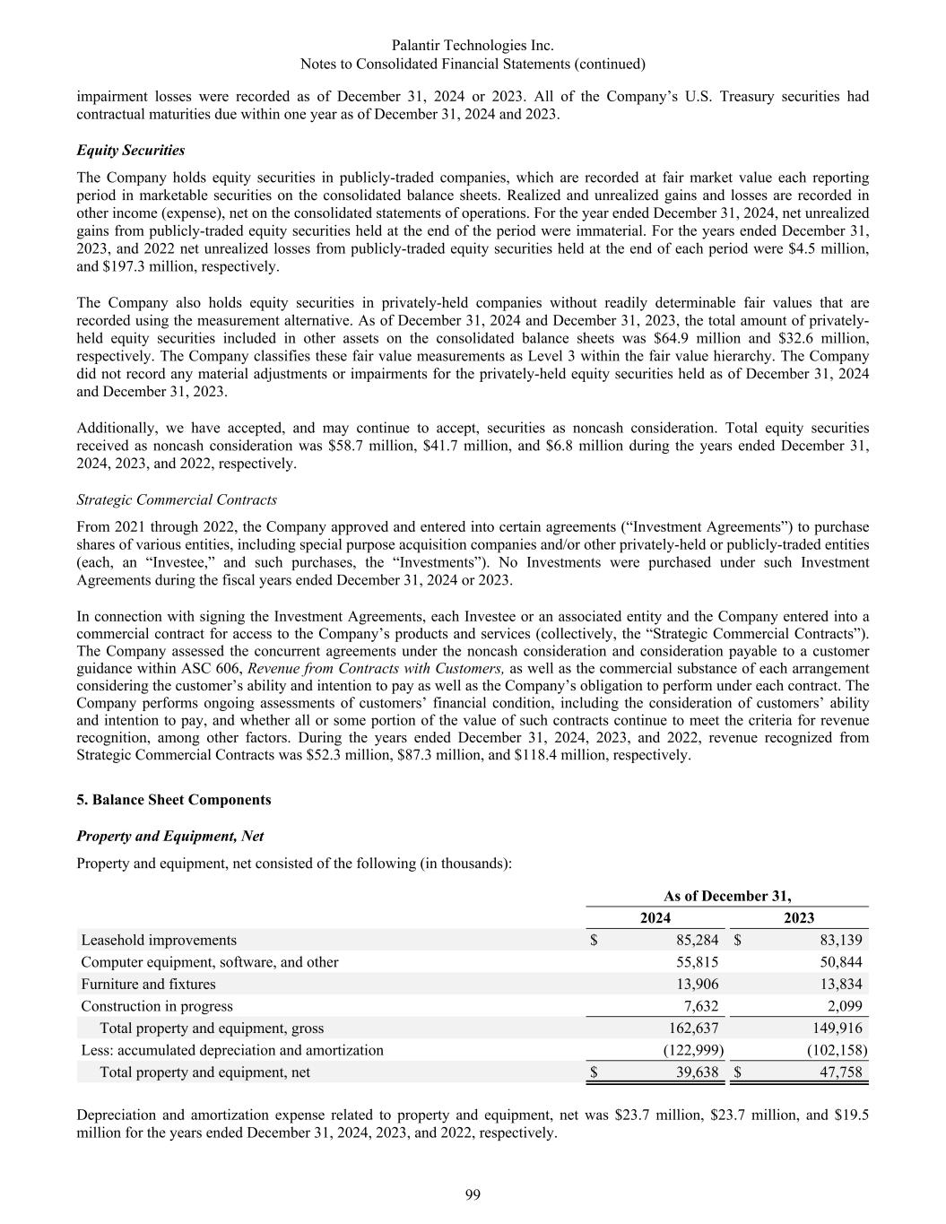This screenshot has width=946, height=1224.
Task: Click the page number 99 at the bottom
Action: tap(473, 1194)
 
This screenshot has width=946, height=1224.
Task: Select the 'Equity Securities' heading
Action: tap(131, 150)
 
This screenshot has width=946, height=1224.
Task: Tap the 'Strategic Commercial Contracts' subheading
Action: tap(177, 499)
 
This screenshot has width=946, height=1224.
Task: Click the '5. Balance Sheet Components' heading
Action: tap(173, 799)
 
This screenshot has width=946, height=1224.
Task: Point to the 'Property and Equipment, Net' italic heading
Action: tap(169, 836)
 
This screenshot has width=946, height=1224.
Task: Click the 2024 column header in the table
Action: tap(655, 917)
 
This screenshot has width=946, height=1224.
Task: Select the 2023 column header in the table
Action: tap(798, 917)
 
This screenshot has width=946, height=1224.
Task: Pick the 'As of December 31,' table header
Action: tap(726, 896)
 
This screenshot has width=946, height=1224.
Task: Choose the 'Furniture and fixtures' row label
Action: tap(148, 984)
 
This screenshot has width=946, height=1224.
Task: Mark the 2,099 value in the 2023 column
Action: tap(845, 1006)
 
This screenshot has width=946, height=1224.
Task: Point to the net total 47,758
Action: tap(841, 1072)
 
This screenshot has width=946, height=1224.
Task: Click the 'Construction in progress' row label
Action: tap(156, 1006)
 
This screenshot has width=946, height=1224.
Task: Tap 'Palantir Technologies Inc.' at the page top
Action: tap(473, 45)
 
